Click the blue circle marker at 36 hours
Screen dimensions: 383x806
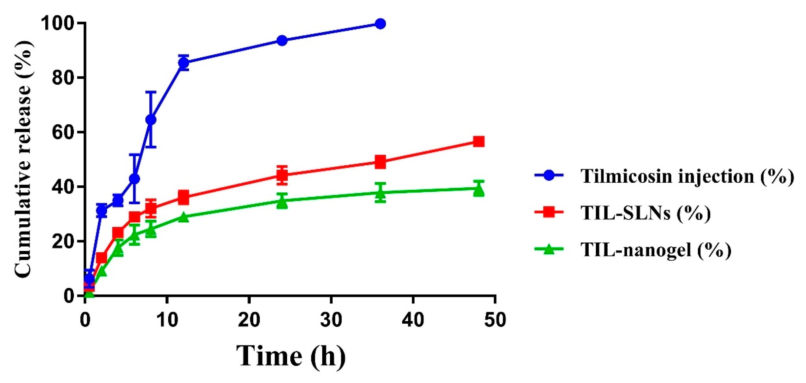pos(380,24)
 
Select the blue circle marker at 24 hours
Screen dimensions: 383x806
pos(282,41)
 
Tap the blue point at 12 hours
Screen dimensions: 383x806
pos(184,63)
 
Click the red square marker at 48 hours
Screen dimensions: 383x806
pos(479,142)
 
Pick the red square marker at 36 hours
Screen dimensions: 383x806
pos(380,162)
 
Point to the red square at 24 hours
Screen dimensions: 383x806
pos(282,175)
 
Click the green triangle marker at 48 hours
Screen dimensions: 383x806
pos(479,190)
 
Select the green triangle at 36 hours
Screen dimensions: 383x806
pos(380,193)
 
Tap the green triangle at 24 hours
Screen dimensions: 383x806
pos(282,202)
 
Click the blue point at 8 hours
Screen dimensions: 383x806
pos(151,119)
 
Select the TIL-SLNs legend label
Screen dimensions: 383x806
pos(645,213)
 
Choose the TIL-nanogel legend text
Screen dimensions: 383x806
pos(656,249)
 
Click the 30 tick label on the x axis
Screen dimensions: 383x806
pos(331,320)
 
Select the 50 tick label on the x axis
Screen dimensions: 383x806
pos(495,320)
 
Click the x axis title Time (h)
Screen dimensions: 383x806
pos(291,356)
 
